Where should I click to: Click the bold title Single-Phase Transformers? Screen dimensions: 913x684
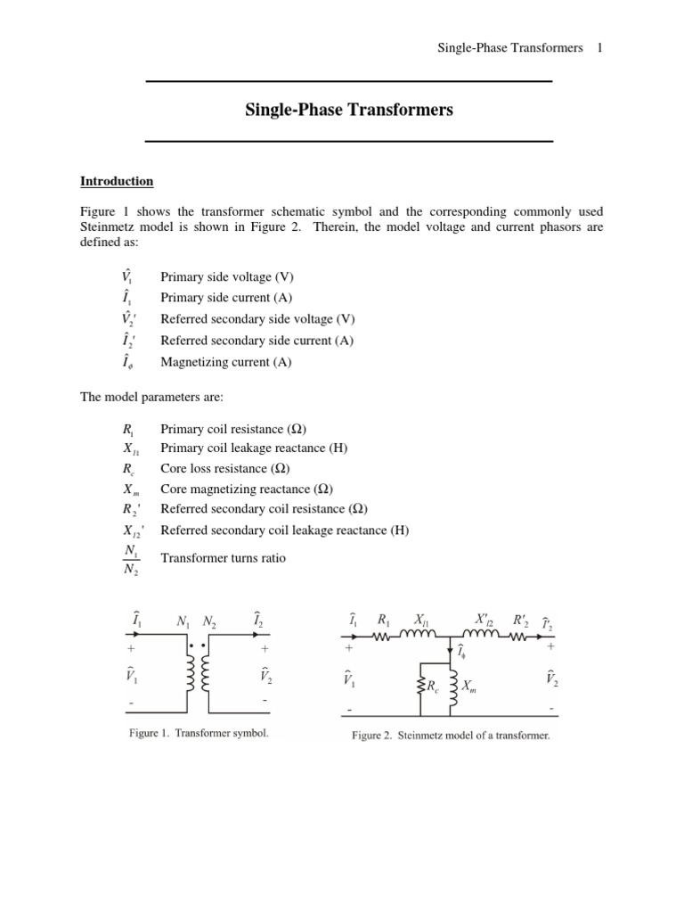[x=349, y=111]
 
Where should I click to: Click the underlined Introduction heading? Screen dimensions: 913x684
[x=117, y=181]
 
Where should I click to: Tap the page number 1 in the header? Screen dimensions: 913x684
[x=600, y=47]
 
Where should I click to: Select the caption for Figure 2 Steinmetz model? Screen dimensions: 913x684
[x=451, y=736]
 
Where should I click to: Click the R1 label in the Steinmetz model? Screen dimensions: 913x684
[x=384, y=618]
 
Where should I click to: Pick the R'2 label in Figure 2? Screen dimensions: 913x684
[x=521, y=618]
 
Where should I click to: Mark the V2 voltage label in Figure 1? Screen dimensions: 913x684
[x=266, y=677]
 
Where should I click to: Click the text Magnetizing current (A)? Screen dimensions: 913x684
[x=225, y=362]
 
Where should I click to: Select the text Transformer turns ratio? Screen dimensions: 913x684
[x=224, y=558]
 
